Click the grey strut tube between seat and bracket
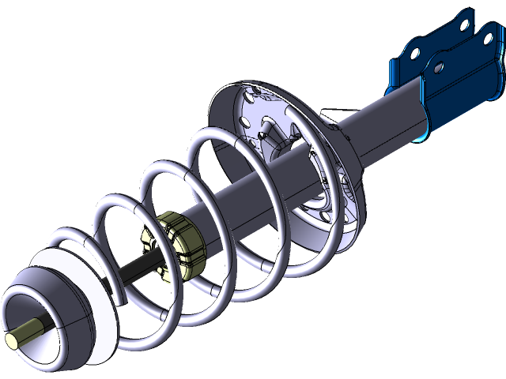coord(387,118)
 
